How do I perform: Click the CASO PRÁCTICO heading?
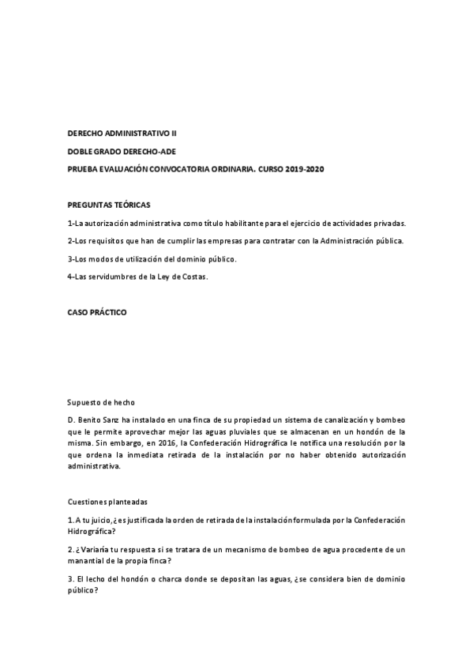96,312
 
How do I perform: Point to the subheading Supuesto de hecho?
100,402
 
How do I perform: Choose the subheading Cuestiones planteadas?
107,502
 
